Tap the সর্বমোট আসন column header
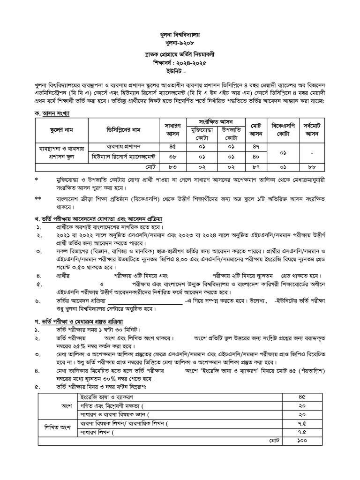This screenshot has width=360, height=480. [318, 129]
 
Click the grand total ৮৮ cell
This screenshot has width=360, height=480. [318, 166]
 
